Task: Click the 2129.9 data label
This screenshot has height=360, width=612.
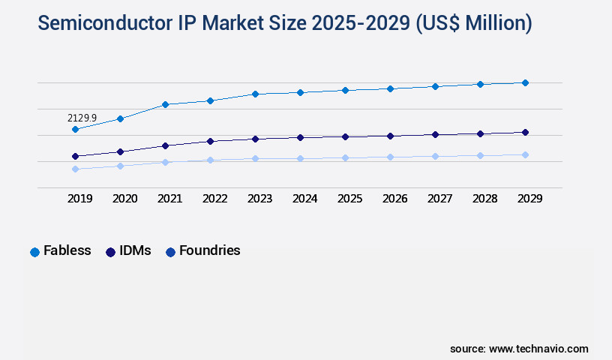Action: pos(82,118)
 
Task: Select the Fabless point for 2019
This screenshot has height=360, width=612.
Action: pos(75,129)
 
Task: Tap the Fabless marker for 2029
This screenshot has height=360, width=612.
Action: pos(525,82)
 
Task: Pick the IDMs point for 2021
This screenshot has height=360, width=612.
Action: pos(165,145)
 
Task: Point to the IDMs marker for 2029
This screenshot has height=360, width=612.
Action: pos(525,132)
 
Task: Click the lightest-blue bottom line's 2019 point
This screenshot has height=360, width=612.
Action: pos(75,169)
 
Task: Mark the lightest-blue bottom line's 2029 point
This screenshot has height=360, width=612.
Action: pos(525,154)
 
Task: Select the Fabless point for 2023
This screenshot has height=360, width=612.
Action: pos(255,94)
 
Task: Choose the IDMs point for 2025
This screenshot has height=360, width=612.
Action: pos(345,136)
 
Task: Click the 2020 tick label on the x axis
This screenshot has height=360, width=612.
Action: pos(124,199)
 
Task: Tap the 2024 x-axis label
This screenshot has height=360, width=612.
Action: pos(304,199)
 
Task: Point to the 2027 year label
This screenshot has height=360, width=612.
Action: pos(439,199)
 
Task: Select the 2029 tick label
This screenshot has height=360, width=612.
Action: pos(529,199)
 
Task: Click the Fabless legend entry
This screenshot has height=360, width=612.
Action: pos(61,251)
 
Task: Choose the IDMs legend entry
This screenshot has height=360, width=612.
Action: pos(128,251)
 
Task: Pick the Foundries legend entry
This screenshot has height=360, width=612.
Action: pos(202,251)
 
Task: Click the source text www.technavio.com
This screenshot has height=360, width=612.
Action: pos(538,349)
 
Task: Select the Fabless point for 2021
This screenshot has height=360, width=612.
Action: pos(165,104)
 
